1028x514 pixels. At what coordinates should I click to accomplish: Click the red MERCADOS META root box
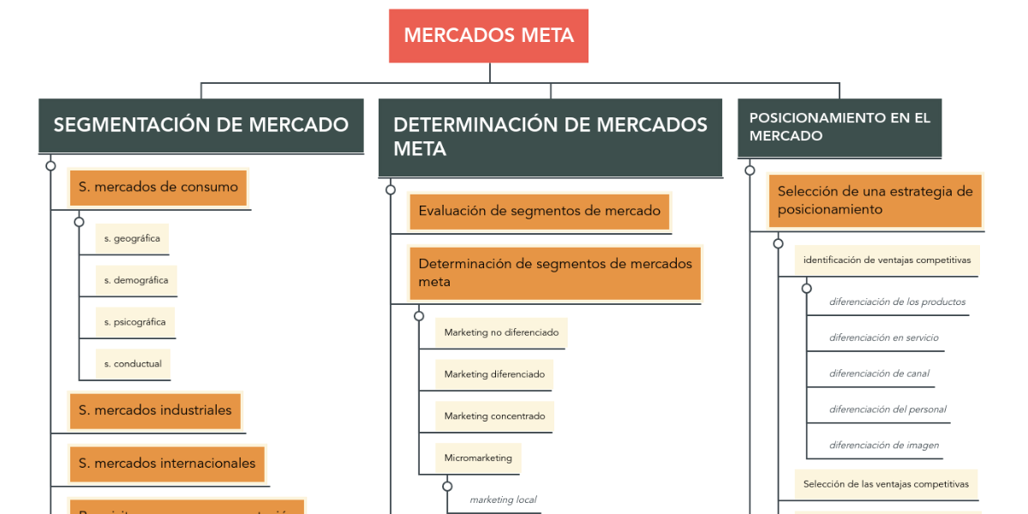click(488, 36)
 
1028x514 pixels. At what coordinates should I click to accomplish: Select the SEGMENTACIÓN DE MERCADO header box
click(200, 125)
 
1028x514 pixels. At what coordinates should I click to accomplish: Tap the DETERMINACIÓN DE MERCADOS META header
click(550, 137)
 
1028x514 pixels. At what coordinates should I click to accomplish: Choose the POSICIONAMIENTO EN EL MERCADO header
click(839, 127)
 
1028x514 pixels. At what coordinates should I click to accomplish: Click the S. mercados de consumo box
click(158, 188)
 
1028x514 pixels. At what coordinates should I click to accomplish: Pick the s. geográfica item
click(132, 239)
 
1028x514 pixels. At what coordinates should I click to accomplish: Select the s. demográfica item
click(135, 280)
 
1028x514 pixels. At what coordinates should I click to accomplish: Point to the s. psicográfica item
click(134, 322)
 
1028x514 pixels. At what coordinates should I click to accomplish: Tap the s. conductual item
click(133, 364)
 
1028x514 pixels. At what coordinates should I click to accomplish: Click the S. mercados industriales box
click(155, 410)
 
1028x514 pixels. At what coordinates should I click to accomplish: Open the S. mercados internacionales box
click(167, 463)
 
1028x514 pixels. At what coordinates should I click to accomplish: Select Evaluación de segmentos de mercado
click(539, 211)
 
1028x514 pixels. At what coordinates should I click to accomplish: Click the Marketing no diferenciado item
click(501, 332)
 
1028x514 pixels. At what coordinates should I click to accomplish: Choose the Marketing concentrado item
click(494, 416)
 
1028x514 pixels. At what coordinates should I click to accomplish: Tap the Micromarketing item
click(478, 458)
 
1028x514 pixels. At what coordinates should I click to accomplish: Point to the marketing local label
click(503, 499)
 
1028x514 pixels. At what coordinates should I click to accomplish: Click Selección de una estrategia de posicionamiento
click(875, 200)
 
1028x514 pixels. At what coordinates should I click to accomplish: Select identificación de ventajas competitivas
click(887, 260)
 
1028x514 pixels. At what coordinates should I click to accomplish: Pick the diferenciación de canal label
click(879, 374)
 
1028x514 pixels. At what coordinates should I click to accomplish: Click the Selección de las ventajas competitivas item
click(886, 484)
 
